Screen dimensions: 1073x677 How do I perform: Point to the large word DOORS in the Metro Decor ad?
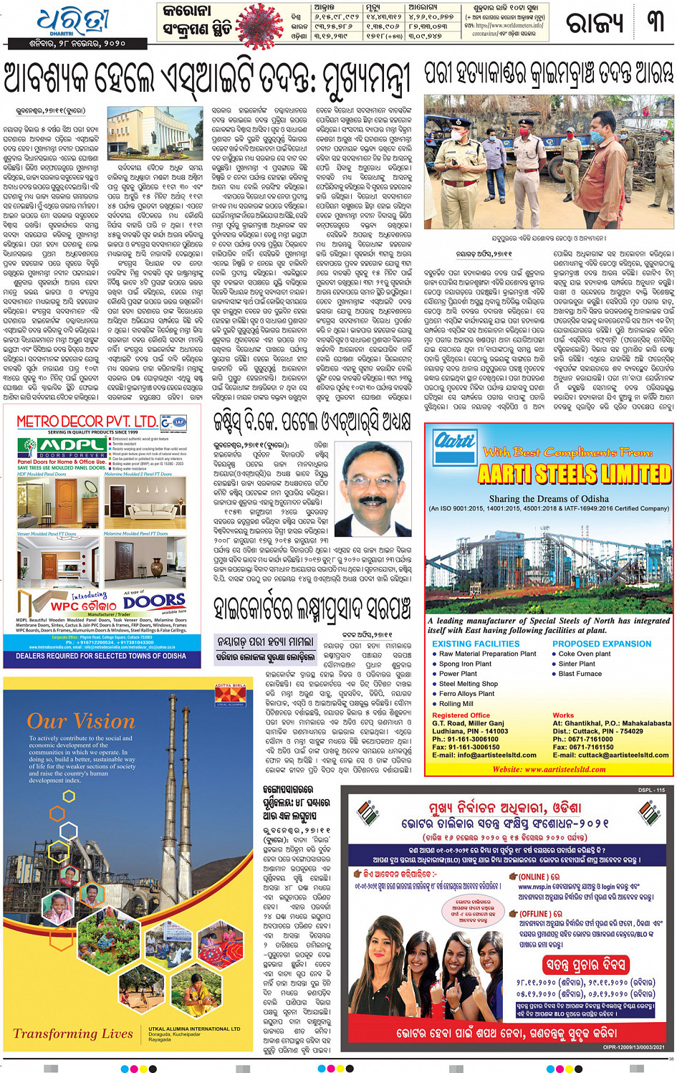click(154, 601)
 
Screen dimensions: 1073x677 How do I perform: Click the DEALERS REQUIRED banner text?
click(101, 656)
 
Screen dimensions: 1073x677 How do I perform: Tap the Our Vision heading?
click(81, 721)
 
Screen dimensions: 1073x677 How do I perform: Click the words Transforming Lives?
click(73, 1033)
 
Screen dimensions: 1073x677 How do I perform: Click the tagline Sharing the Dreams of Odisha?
click(549, 499)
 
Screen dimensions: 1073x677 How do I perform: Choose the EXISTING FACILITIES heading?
click(476, 644)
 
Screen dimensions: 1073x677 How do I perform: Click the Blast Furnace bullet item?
click(580, 674)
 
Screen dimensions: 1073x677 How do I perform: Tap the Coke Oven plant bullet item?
click(584, 654)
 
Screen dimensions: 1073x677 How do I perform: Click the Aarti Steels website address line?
click(549, 769)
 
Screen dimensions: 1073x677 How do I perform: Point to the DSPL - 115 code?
click(651, 790)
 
